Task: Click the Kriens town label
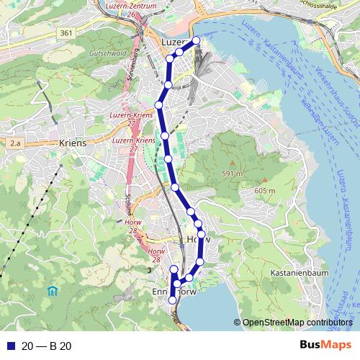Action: (x=73, y=143)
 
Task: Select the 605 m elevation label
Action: (x=265, y=190)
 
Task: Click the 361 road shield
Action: (x=67, y=33)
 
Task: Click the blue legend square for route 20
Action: (x=9, y=346)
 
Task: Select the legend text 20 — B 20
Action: (x=47, y=346)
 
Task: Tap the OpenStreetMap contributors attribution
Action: (x=297, y=323)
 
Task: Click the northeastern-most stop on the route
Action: (x=196, y=40)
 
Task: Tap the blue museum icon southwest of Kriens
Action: (x=52, y=292)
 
